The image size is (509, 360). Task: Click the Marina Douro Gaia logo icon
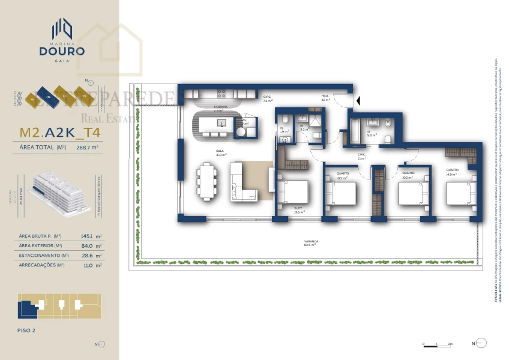tap(62, 28)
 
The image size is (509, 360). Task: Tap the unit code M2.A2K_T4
tap(60, 132)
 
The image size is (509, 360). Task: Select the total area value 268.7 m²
tap(88, 147)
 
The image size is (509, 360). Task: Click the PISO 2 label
tap(27, 330)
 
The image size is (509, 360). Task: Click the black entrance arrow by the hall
tap(358, 101)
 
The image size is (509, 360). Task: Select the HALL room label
tap(325, 95)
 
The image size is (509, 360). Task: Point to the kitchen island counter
tap(215, 124)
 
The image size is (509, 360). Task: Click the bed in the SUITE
tap(294, 194)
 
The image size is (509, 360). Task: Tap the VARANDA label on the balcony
tap(310, 241)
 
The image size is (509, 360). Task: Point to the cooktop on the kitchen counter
tap(221, 94)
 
